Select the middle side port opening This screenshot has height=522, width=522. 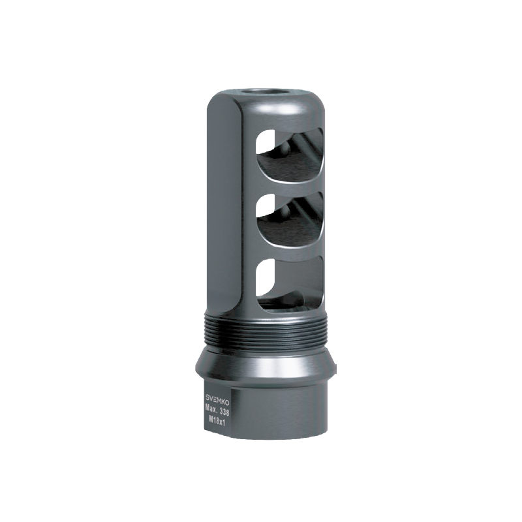click(289, 220)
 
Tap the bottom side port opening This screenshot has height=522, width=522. click(289, 284)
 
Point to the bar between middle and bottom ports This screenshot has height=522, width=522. click(290, 252)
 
